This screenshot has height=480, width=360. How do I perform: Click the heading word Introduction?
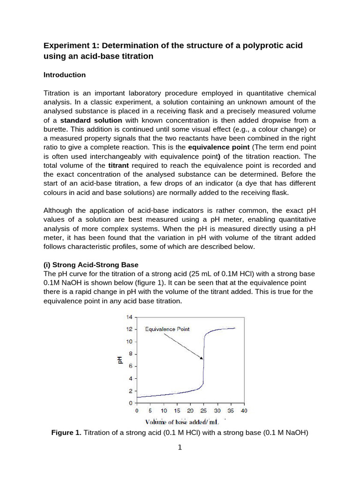[64, 75]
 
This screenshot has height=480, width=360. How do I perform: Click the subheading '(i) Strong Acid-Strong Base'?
[91, 264]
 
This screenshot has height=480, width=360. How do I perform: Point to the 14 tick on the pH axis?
[129, 317]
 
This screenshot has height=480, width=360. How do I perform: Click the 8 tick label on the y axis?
[131, 354]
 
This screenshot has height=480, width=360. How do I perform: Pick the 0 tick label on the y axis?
[131, 403]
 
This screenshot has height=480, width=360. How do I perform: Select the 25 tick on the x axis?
[203, 411]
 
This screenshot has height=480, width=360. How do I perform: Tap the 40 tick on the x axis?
[244, 411]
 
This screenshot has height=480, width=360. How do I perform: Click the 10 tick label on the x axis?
[163, 411]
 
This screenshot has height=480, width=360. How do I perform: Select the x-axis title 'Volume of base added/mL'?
[184, 421]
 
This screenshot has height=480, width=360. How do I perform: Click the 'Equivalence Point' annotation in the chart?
[167, 329]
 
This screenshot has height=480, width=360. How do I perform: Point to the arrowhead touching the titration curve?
[202, 359]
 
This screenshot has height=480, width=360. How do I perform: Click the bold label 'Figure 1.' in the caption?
[66, 433]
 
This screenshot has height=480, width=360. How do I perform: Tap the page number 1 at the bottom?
[180, 448]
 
